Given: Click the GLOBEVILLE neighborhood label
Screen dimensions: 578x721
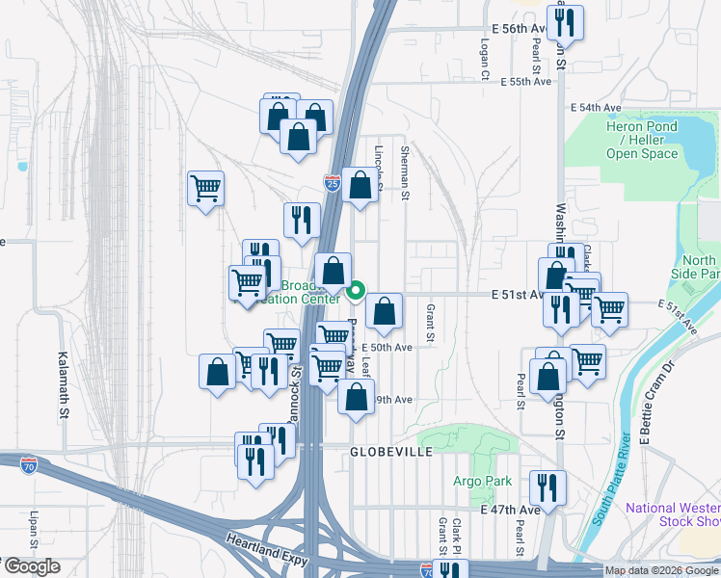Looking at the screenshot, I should point(390,451).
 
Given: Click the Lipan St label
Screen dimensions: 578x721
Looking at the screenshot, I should point(34,531).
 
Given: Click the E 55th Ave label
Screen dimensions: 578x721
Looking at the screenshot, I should point(525,82).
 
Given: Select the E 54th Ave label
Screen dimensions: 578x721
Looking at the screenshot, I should point(595,107).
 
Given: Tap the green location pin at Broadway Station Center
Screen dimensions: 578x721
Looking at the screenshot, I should point(356,288).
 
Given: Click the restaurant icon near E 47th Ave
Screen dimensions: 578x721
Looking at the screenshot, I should point(546,487).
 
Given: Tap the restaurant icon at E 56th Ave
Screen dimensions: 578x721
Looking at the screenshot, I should point(565,21).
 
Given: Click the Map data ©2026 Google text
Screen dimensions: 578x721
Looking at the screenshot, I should point(662,570).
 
